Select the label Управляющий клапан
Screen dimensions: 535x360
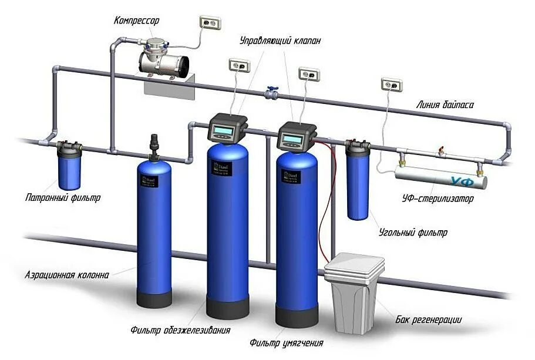(x=280, y=41)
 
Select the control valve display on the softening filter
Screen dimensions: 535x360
(x=292, y=139)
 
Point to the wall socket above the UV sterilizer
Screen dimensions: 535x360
(x=391, y=85)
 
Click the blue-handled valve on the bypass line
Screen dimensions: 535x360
(x=271, y=92)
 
